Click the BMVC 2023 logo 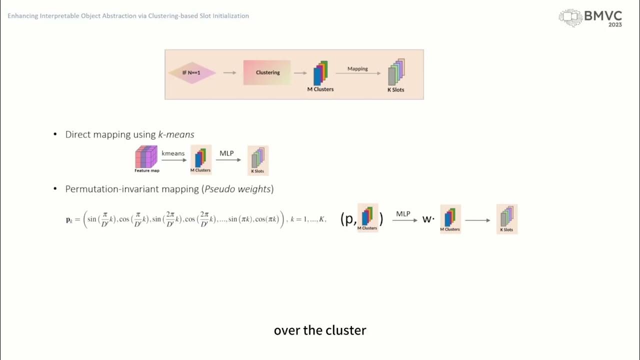pos(590,18)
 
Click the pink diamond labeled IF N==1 pos(192,73)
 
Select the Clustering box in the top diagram pos(267,72)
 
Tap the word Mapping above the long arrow pos(357,68)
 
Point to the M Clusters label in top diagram pos(320,89)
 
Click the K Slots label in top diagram pos(395,90)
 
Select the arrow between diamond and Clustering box pos(229,73)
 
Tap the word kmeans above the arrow pos(173,153)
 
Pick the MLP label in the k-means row pos(226,153)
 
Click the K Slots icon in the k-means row pos(258,160)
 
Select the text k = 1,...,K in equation pos(308,219)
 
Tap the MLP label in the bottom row pos(403,213)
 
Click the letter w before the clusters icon pos(426,219)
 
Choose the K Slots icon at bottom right pos(507,219)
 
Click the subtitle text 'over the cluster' pos(320,330)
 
